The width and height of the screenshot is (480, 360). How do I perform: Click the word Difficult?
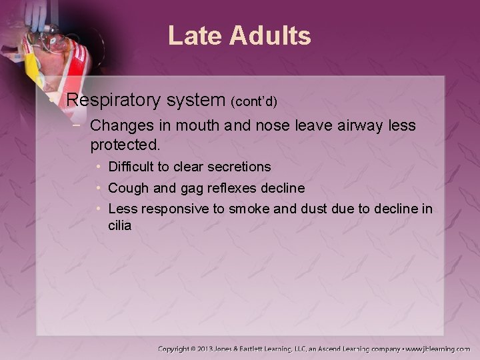132,167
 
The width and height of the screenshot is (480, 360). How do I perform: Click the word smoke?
251,209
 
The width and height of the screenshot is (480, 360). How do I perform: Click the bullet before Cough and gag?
99,188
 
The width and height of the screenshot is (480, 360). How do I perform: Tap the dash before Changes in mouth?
78,125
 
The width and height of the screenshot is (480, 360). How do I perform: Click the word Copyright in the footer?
180,349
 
